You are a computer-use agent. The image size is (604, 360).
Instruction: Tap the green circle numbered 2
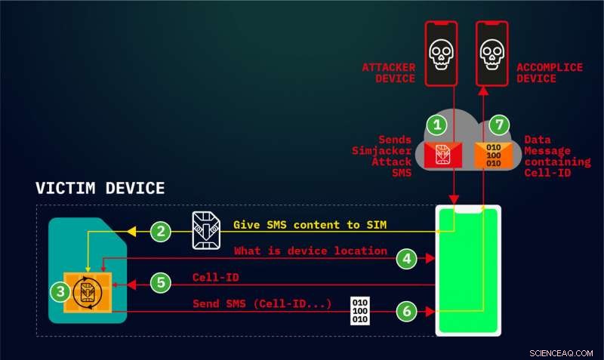159,232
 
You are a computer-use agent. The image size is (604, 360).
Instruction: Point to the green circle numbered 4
407,259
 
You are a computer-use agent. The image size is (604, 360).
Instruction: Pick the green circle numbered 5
159,284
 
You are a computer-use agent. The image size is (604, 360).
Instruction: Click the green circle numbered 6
407,311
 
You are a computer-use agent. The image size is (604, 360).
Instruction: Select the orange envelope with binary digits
491,155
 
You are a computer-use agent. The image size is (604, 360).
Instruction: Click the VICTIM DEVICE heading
100,188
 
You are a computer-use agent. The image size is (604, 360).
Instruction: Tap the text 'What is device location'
310,251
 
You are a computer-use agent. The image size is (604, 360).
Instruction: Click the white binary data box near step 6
362,311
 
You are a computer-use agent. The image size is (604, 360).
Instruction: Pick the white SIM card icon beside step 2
205,229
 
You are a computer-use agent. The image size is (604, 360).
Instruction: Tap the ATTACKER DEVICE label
390,73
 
